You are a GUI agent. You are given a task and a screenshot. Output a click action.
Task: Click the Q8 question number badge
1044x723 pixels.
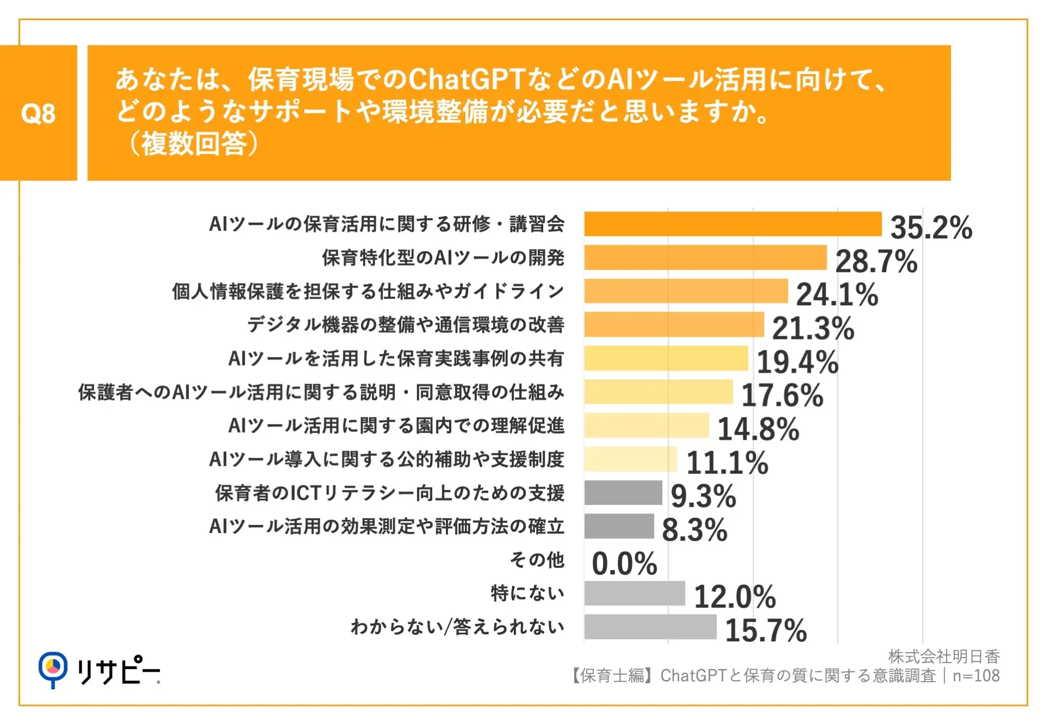pyautogui.click(x=38, y=113)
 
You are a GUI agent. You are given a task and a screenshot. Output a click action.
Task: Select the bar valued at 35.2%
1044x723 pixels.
pyautogui.click(x=732, y=224)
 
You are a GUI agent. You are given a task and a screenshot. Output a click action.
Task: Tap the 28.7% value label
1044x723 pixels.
pyautogui.click(x=876, y=261)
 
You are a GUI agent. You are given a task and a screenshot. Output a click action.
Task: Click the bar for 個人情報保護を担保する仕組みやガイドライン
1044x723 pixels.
pyautogui.click(x=686, y=291)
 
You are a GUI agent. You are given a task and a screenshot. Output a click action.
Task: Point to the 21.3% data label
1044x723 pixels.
pyautogui.click(x=813, y=328)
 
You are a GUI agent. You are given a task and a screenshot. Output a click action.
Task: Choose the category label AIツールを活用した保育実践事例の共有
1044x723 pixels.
pyautogui.click(x=396, y=359)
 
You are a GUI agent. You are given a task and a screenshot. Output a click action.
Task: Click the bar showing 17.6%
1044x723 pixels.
pyautogui.click(x=658, y=392)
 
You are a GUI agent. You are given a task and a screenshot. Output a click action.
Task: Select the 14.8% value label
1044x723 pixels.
pyautogui.click(x=759, y=429)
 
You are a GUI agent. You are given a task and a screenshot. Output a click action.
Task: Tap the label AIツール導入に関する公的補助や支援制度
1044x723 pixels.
pyautogui.click(x=387, y=460)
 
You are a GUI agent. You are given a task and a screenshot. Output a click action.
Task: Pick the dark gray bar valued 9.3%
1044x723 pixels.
pyautogui.click(x=623, y=493)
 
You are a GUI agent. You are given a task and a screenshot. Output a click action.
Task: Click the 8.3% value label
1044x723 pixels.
pyautogui.click(x=694, y=530)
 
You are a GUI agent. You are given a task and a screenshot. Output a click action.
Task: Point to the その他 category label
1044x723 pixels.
pyautogui.click(x=537, y=560)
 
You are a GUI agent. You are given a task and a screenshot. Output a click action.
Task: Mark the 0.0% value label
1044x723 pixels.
pyautogui.click(x=624, y=564)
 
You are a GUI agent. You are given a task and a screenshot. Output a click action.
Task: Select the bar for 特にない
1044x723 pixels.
pyautogui.click(x=635, y=594)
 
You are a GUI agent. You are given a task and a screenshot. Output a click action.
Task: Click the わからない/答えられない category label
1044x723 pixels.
pyautogui.click(x=457, y=627)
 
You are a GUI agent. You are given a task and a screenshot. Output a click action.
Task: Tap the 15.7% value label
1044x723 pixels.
pyautogui.click(x=766, y=631)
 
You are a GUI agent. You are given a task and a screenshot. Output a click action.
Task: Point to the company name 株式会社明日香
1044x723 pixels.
pyautogui.click(x=943, y=657)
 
